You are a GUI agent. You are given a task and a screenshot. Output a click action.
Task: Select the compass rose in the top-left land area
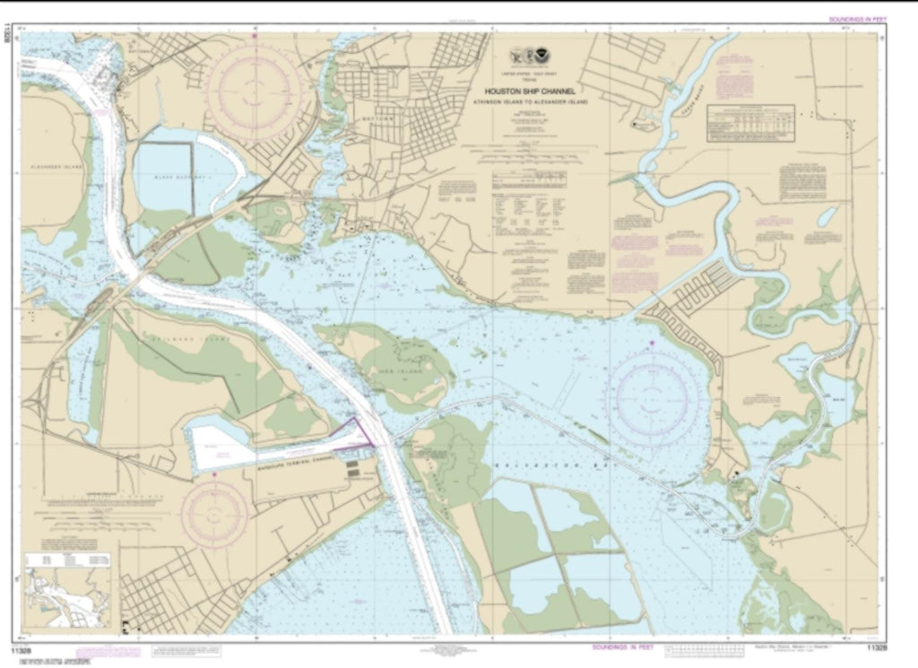click(254, 88)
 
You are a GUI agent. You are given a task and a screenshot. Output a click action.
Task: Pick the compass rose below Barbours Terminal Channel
click(215, 513)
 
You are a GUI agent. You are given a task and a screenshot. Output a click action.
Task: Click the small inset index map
click(68, 594)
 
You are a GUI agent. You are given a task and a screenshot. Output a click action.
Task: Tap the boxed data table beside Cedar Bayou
click(752, 124)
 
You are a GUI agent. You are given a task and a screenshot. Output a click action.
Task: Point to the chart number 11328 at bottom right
click(879, 647)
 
